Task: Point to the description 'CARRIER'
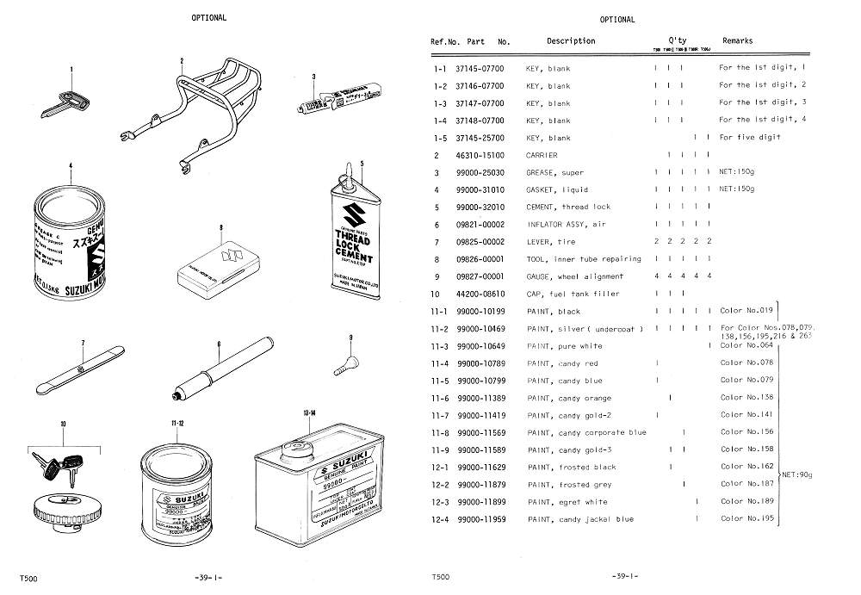click(x=542, y=155)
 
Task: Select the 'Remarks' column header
click(x=737, y=40)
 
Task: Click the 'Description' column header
click(x=570, y=40)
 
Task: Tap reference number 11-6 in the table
click(x=440, y=399)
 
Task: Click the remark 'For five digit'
click(x=750, y=138)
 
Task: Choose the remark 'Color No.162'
click(x=747, y=467)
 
